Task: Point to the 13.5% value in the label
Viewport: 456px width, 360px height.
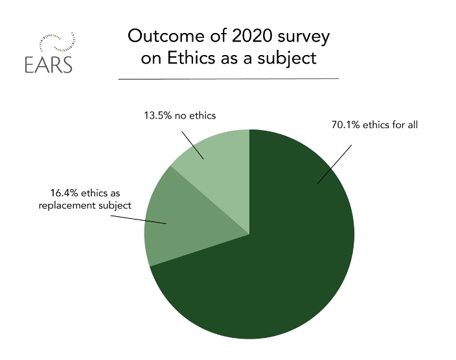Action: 158,115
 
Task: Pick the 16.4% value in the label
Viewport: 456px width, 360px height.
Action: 64,193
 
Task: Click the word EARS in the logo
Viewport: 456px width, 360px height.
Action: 49,64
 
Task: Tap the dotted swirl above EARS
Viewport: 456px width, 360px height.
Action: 58,42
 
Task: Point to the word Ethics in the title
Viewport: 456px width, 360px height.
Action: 191,58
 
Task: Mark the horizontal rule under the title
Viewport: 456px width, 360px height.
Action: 229,78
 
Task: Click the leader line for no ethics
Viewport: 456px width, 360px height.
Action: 192,145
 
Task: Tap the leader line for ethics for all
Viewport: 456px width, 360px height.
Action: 334,164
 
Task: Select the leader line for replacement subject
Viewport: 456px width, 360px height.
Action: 139,219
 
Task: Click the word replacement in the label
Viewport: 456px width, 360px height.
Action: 67,206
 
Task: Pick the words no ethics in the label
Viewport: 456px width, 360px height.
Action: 195,115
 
